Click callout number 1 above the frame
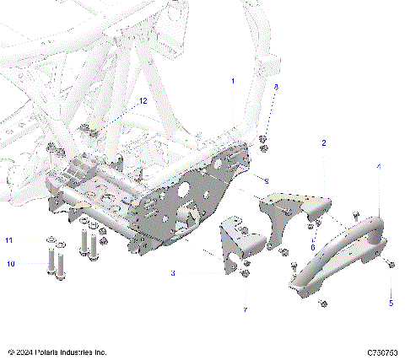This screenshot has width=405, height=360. [234, 81]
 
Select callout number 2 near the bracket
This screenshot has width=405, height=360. [323, 144]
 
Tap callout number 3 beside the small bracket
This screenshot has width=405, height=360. [173, 273]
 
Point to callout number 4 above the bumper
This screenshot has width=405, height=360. [378, 168]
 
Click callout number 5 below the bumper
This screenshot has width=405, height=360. [391, 301]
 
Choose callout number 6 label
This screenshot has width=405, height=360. [312, 247]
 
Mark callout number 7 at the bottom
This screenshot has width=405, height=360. [245, 311]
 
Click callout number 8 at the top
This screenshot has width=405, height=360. [274, 87]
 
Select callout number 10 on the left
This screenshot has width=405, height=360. [10, 265]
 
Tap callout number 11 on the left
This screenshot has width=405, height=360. [10, 241]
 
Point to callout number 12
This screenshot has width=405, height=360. [143, 101]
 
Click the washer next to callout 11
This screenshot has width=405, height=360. [48, 242]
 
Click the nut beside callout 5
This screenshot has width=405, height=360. [392, 267]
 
